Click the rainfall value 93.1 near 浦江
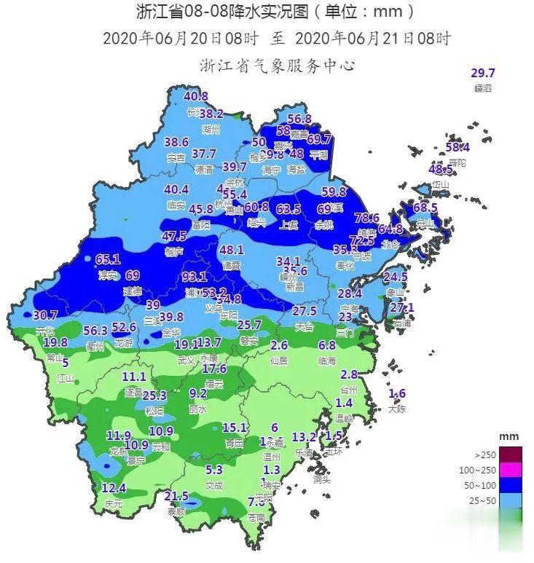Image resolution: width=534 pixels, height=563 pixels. coord(195,277)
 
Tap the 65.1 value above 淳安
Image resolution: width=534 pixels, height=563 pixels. coord(107,259)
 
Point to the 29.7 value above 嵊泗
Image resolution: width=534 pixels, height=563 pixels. coord(483,73)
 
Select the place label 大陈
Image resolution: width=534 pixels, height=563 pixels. coord(397,409)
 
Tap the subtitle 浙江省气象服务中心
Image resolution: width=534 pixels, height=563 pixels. coord(277,66)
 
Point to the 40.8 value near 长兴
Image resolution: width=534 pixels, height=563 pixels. coord(196,96)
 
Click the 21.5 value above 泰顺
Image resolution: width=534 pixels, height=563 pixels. coord(176,496)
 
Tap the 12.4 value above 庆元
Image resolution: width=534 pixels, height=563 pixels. coord(114,487)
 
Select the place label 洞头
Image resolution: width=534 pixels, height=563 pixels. coord(321,479)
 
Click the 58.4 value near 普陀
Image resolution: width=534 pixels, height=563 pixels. coord(458,148)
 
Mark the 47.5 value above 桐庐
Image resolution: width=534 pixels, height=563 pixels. coord(174,236)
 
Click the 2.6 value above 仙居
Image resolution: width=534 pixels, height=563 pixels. coord(279,345)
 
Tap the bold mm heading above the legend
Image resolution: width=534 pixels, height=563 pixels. coord(509,436)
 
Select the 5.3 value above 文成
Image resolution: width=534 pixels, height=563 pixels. coord(213,470)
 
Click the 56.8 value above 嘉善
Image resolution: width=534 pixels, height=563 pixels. coord(299,119)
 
